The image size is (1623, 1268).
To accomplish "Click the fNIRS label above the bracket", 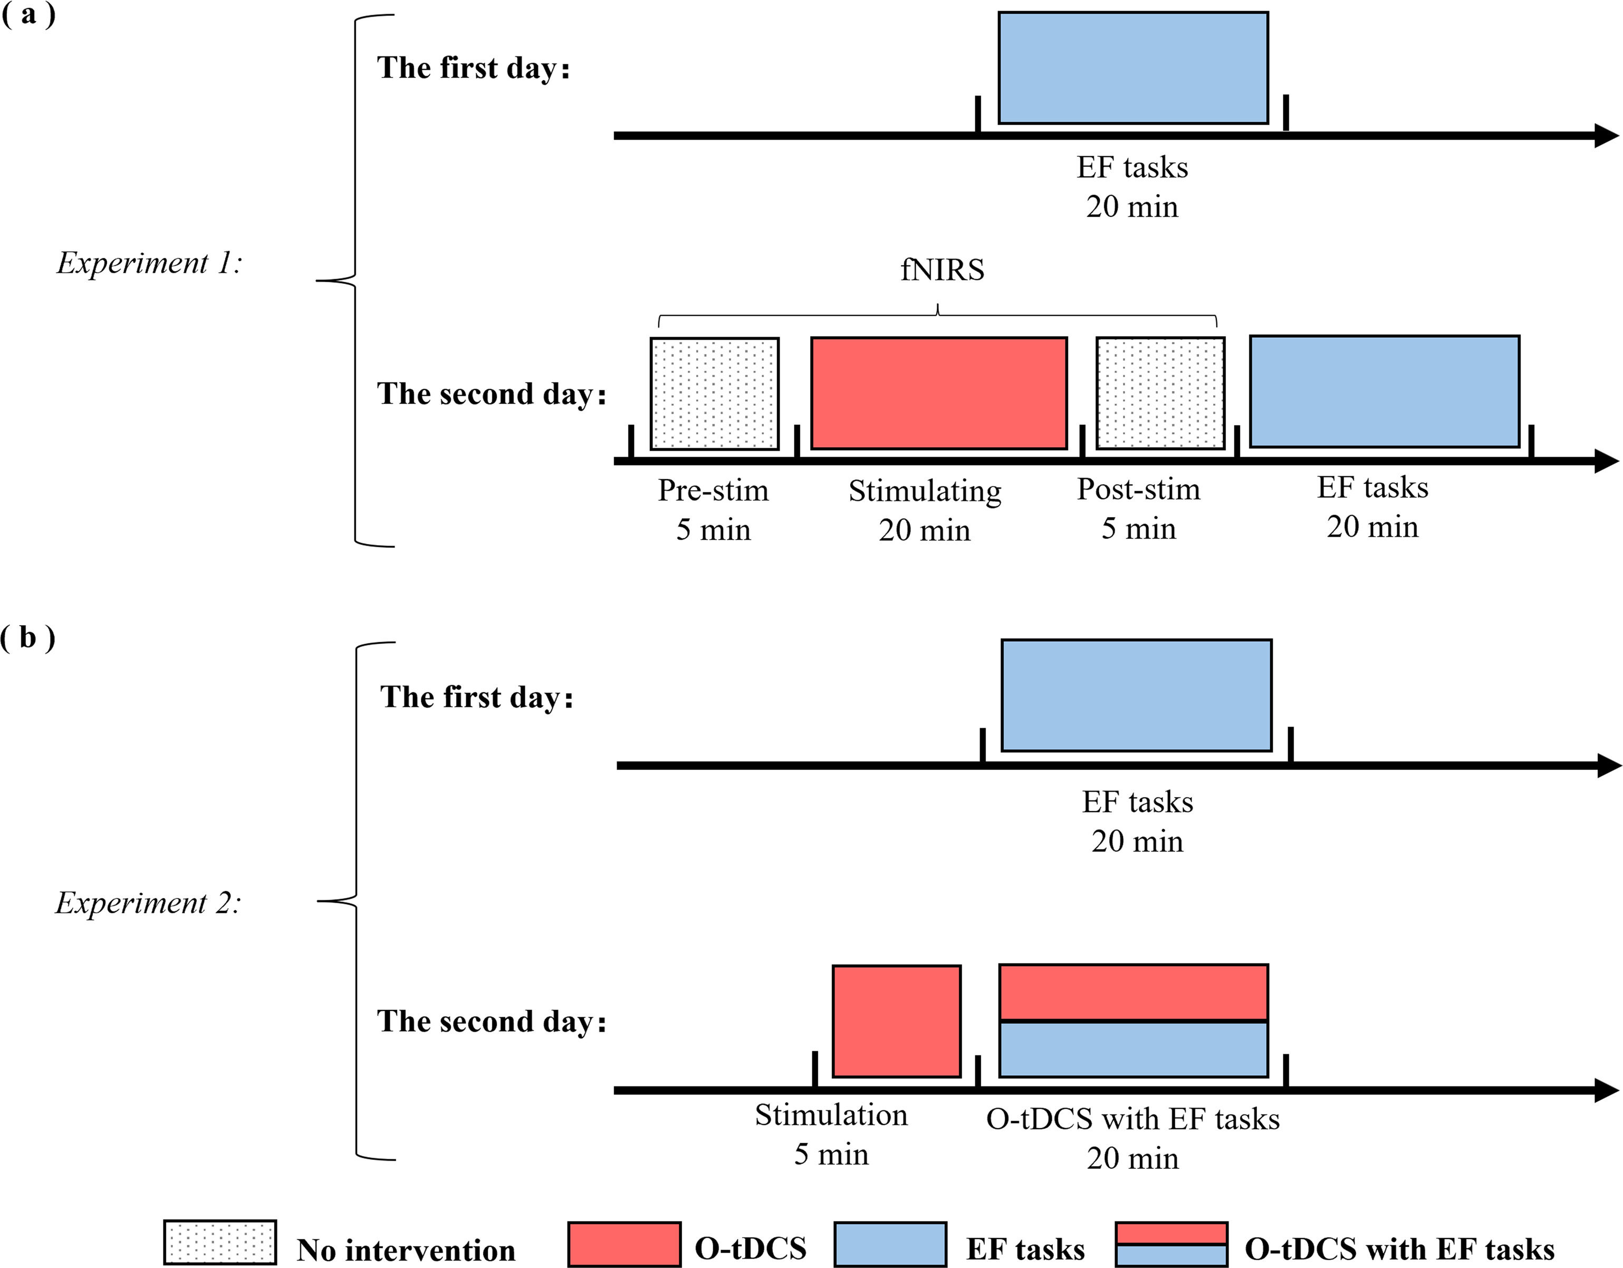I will pos(942,270).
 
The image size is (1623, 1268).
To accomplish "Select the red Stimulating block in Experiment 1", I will pos(938,393).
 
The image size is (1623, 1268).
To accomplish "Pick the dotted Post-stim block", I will pos(1160,393).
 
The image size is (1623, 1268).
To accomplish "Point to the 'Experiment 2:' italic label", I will pos(148,903).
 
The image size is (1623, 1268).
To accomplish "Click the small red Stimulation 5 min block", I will pos(896,1021).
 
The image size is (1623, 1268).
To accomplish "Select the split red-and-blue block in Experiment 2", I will pos(1134,1021).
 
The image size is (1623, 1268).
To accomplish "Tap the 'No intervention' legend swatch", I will pos(220,1243).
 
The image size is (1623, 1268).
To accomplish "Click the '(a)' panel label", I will pos(28,15).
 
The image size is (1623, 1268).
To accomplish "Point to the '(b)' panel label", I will pos(28,638).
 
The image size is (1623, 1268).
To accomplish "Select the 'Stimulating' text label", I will pos(925,491).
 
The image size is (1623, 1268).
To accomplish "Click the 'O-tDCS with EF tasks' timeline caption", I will pos(1132,1119).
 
